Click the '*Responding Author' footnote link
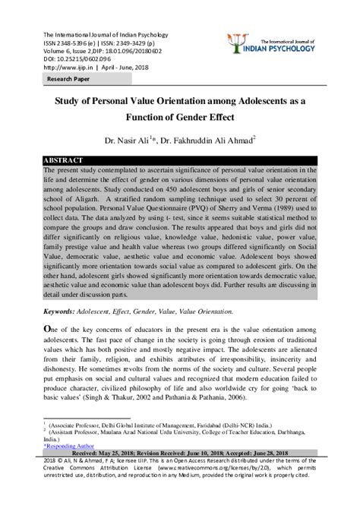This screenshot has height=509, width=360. click(x=68, y=449)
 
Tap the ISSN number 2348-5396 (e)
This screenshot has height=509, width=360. click(x=77, y=41)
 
